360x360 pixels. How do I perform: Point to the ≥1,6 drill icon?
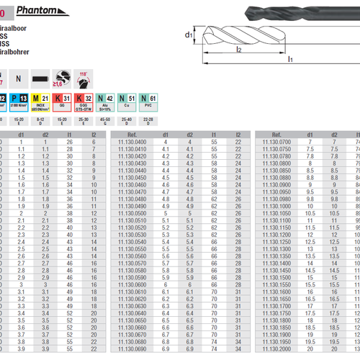(63, 78)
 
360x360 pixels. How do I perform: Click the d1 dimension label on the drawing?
(189, 34)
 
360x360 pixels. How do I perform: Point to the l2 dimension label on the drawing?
(238, 50)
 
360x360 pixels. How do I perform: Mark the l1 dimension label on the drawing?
(291, 60)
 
